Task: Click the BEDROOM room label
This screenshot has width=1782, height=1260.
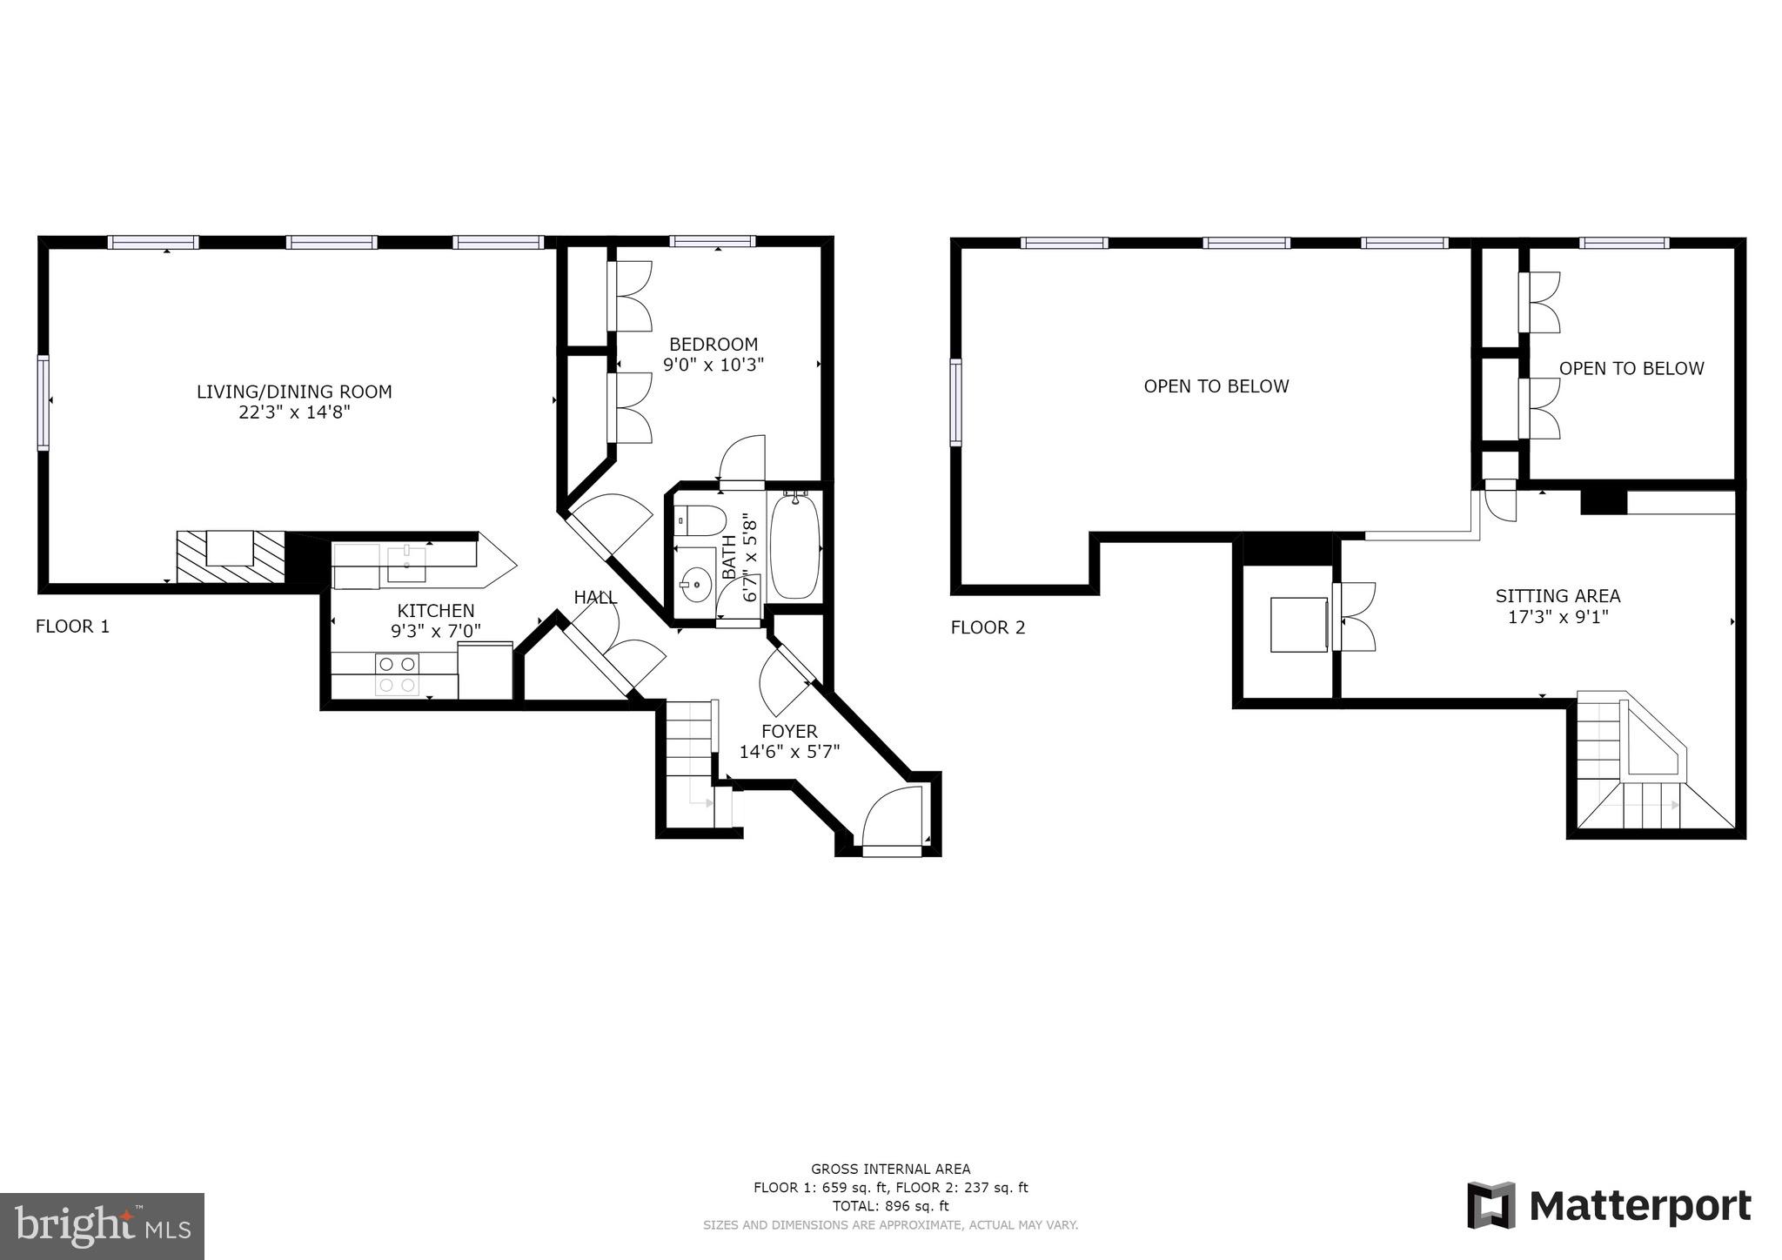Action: pyautogui.click(x=713, y=345)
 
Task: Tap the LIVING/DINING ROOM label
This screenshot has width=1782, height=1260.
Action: pyautogui.click(x=294, y=392)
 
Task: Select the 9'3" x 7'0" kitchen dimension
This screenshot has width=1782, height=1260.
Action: pyautogui.click(x=435, y=631)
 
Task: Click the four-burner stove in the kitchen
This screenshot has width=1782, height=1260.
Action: pyautogui.click(x=397, y=674)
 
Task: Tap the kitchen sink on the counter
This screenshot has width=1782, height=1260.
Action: pyautogui.click(x=406, y=564)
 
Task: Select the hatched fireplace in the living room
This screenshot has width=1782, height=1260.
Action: pyautogui.click(x=231, y=557)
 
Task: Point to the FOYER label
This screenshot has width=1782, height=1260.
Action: pyautogui.click(x=789, y=732)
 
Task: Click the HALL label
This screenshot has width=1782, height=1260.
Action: pyautogui.click(x=595, y=598)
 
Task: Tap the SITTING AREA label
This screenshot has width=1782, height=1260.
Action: pyautogui.click(x=1558, y=597)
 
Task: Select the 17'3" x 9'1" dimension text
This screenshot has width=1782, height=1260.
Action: pyautogui.click(x=1558, y=618)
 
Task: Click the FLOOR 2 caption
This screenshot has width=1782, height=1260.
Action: pyautogui.click(x=988, y=627)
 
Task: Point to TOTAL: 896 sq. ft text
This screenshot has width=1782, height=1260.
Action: pyautogui.click(x=890, y=1206)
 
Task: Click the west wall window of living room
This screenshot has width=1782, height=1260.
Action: pyautogui.click(x=43, y=402)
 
